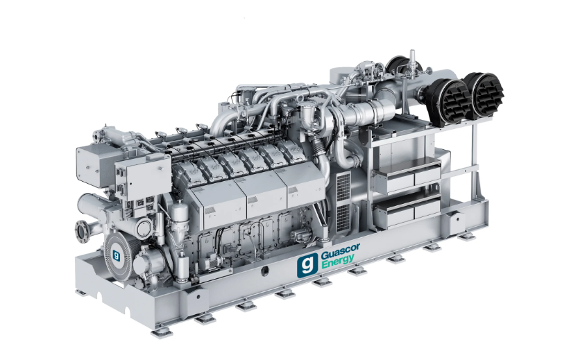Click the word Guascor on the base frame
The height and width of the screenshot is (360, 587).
pos(339,255)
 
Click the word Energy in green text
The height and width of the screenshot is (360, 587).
pos(337,265)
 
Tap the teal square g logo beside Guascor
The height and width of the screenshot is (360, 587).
pos(307,265)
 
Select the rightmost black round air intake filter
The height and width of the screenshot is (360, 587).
pos(484,93)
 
